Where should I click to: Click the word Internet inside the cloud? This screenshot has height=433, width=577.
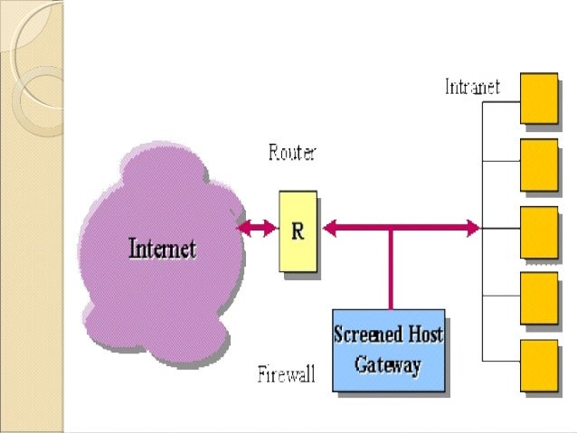click(163, 247)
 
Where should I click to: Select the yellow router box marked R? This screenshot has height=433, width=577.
click(298, 231)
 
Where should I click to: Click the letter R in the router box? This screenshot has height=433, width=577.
click(298, 231)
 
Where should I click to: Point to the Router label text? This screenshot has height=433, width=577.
click(292, 154)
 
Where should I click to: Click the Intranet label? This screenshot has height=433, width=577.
click(472, 88)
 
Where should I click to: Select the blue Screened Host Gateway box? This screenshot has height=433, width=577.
click(388, 350)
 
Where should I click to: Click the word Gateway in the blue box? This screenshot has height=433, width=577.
click(388, 365)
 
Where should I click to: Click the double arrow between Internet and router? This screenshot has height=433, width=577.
click(258, 229)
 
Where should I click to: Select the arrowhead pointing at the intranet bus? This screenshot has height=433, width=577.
click(472, 229)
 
